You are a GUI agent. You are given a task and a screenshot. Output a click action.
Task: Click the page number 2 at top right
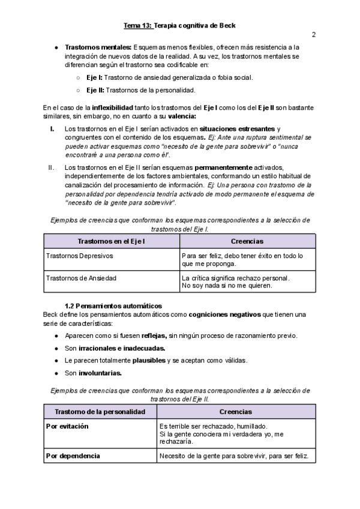tap(313, 34)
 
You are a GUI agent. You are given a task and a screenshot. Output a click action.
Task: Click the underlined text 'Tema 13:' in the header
tap(138, 25)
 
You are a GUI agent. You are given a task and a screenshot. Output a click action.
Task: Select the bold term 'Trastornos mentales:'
tap(98, 47)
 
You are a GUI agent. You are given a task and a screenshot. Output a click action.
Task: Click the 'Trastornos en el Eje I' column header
tap(112, 241)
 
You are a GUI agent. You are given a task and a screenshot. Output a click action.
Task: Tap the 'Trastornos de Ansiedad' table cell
tap(81, 278)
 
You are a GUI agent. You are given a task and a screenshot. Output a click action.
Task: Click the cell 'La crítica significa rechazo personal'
tap(235, 278)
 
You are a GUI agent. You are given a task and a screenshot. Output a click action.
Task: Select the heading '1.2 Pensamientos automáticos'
tap(113, 306)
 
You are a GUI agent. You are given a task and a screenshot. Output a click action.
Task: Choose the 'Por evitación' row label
tap(67, 426)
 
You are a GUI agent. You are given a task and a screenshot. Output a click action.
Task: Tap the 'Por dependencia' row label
tap(73, 456)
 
